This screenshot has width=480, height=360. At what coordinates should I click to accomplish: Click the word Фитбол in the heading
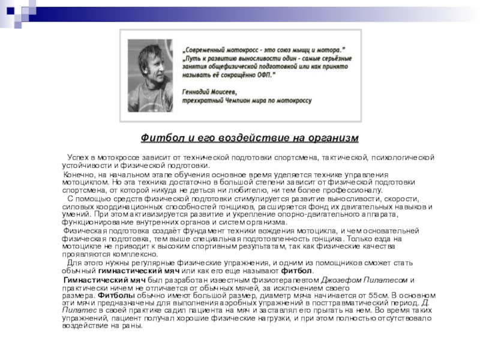(157, 139)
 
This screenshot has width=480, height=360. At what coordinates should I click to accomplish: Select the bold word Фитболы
(112, 295)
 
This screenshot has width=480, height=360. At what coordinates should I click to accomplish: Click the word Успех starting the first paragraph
(78, 157)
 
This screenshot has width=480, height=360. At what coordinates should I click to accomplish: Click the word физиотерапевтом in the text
(281, 280)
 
